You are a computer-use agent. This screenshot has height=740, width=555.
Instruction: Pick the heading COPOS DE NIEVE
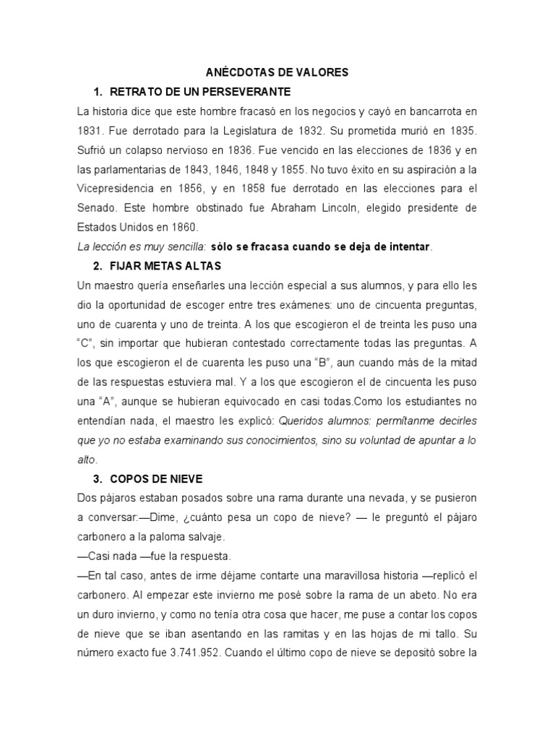pos(157,479)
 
